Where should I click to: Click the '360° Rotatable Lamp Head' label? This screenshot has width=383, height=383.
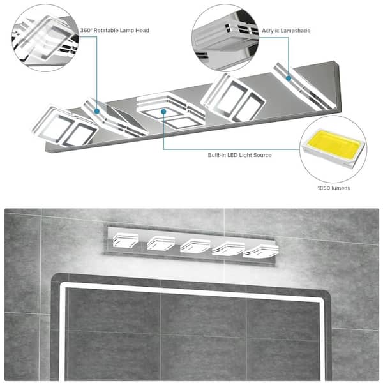[114, 30]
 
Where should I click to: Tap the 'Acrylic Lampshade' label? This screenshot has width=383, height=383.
[286, 31]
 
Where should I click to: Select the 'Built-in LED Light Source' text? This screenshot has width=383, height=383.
[239, 155]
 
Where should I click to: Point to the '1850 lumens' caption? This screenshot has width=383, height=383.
[334, 188]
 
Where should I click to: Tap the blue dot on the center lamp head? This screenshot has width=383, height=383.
[163, 112]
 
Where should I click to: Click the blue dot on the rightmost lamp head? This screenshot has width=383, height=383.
[289, 78]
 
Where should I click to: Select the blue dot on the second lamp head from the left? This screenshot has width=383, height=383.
[97, 111]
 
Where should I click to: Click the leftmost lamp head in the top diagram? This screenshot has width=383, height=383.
[64, 126]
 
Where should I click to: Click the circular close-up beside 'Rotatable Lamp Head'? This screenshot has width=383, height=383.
[45, 38]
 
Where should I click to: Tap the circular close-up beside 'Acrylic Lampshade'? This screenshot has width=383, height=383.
[225, 38]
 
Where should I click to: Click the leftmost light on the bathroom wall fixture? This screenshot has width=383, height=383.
[125, 241]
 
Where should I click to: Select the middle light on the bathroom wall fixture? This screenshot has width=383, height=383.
[195, 246]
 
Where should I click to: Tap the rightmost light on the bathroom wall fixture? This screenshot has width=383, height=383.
[260, 252]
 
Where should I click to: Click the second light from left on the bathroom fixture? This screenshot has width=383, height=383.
[161, 243]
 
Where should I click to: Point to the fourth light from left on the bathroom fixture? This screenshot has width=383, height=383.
[229, 249]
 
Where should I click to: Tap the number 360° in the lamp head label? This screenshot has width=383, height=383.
[86, 30]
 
